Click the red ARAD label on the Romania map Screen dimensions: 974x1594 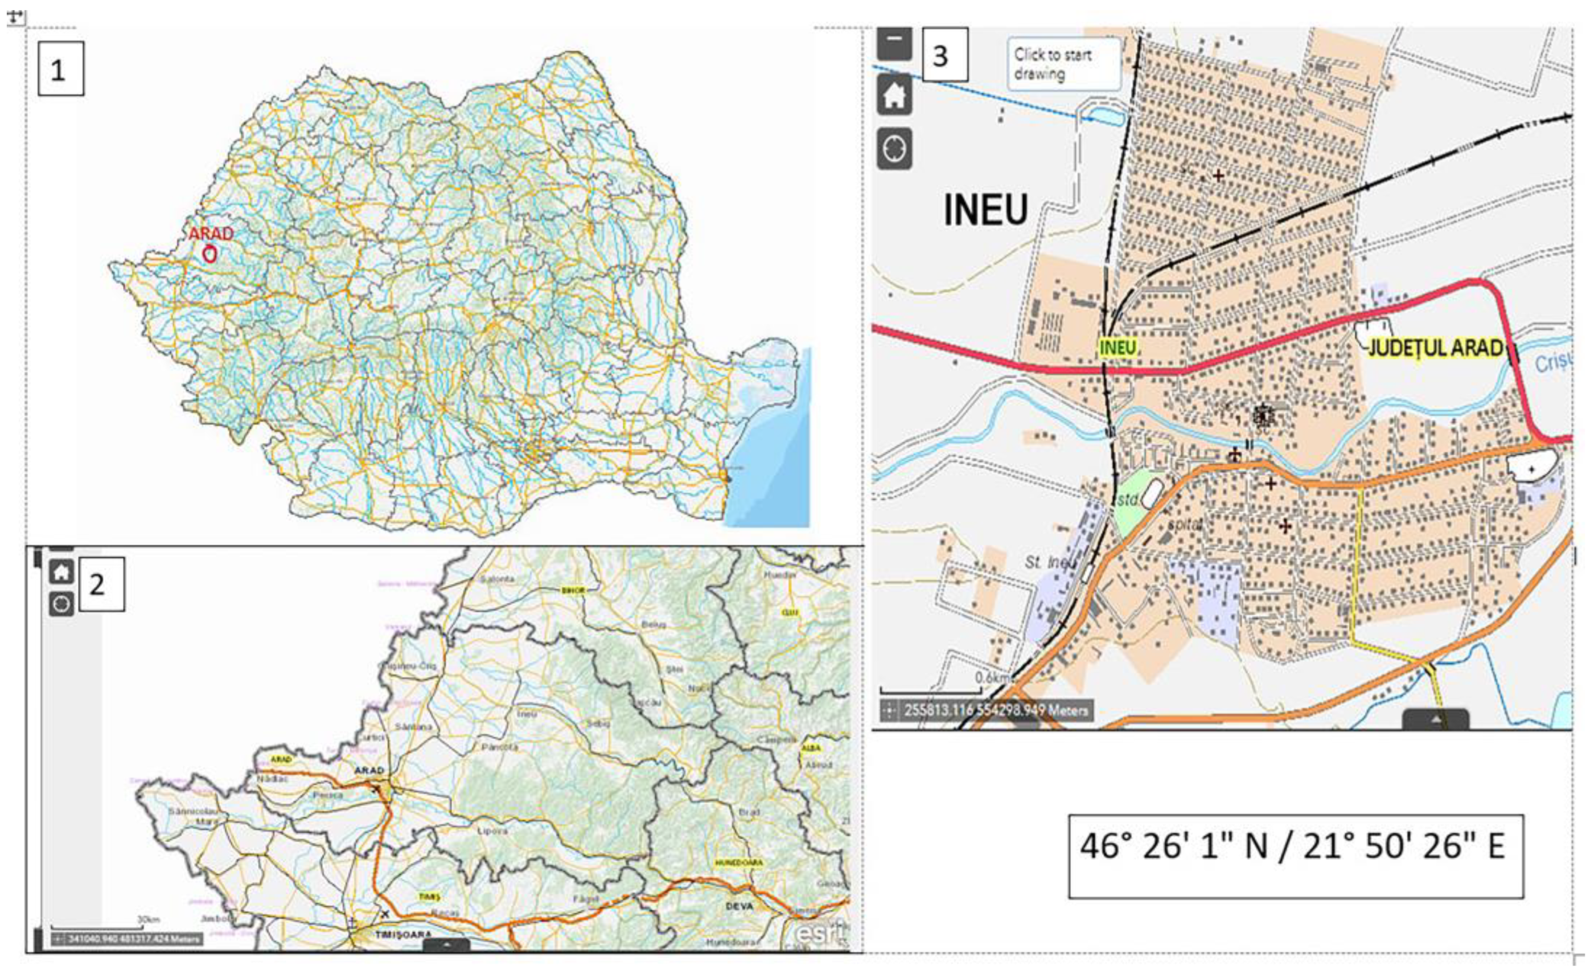tap(211, 234)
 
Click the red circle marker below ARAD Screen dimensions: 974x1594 tap(209, 255)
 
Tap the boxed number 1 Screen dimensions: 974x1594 tap(60, 68)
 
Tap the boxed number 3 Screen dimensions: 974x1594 tap(944, 55)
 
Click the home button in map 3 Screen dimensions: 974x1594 tap(894, 96)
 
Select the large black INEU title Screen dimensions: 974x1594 tap(985, 210)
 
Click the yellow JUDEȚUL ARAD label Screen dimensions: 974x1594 tap(1435, 348)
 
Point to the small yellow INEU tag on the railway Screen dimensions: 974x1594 tap(1117, 347)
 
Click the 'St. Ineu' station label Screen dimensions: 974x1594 tap(1050, 562)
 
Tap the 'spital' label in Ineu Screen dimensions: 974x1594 tap(1185, 524)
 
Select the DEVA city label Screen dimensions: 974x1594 tap(740, 906)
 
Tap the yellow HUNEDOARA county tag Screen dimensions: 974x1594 tap(739, 863)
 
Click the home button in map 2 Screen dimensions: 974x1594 tap(61, 571)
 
